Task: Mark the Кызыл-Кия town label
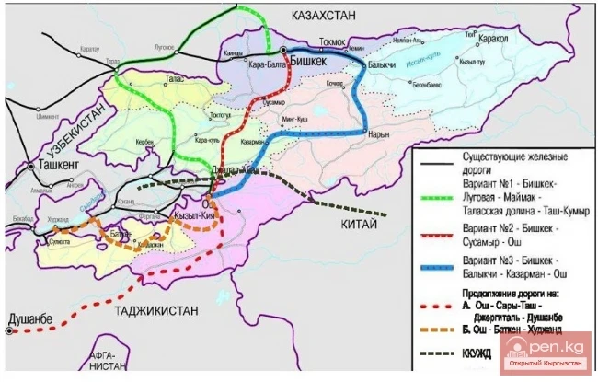[x=193, y=216]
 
